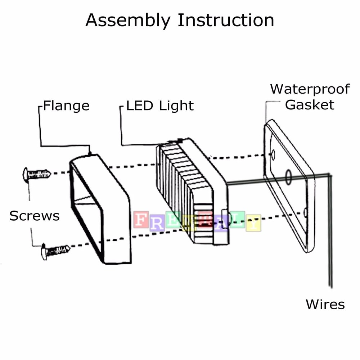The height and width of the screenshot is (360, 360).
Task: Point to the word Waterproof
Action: tap(310, 89)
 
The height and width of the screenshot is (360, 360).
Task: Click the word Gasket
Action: tap(310, 105)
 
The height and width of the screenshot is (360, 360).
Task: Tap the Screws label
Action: tap(34, 216)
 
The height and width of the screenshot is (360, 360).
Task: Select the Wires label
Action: tap(325, 305)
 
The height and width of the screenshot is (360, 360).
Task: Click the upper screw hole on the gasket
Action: tap(273, 155)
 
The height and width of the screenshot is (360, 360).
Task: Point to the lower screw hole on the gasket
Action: tap(305, 212)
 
